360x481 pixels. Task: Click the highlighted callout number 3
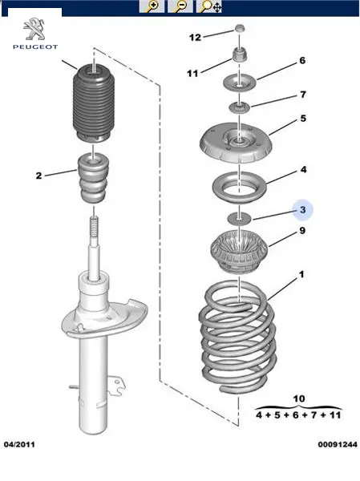point(302,210)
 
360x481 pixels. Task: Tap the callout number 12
point(195,38)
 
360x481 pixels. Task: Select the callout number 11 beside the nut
point(192,73)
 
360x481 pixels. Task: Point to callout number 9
point(302,230)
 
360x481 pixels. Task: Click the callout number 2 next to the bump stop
point(38,176)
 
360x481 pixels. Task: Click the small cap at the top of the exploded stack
point(240,29)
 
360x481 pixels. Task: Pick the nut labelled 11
point(239,55)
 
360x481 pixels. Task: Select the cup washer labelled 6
point(240,83)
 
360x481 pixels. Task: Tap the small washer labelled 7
point(240,107)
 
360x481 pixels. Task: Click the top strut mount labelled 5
point(236,143)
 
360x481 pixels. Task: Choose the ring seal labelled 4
point(240,188)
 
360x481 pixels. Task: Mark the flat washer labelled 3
point(239,219)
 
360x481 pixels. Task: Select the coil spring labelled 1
point(237,337)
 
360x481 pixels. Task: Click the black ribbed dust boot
point(92,103)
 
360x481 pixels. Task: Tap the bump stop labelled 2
point(93,179)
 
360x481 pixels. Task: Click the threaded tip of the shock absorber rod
point(95,226)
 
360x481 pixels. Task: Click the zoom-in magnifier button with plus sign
point(152,6)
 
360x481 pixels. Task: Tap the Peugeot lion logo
point(34,30)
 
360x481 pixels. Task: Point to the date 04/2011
point(19,444)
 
